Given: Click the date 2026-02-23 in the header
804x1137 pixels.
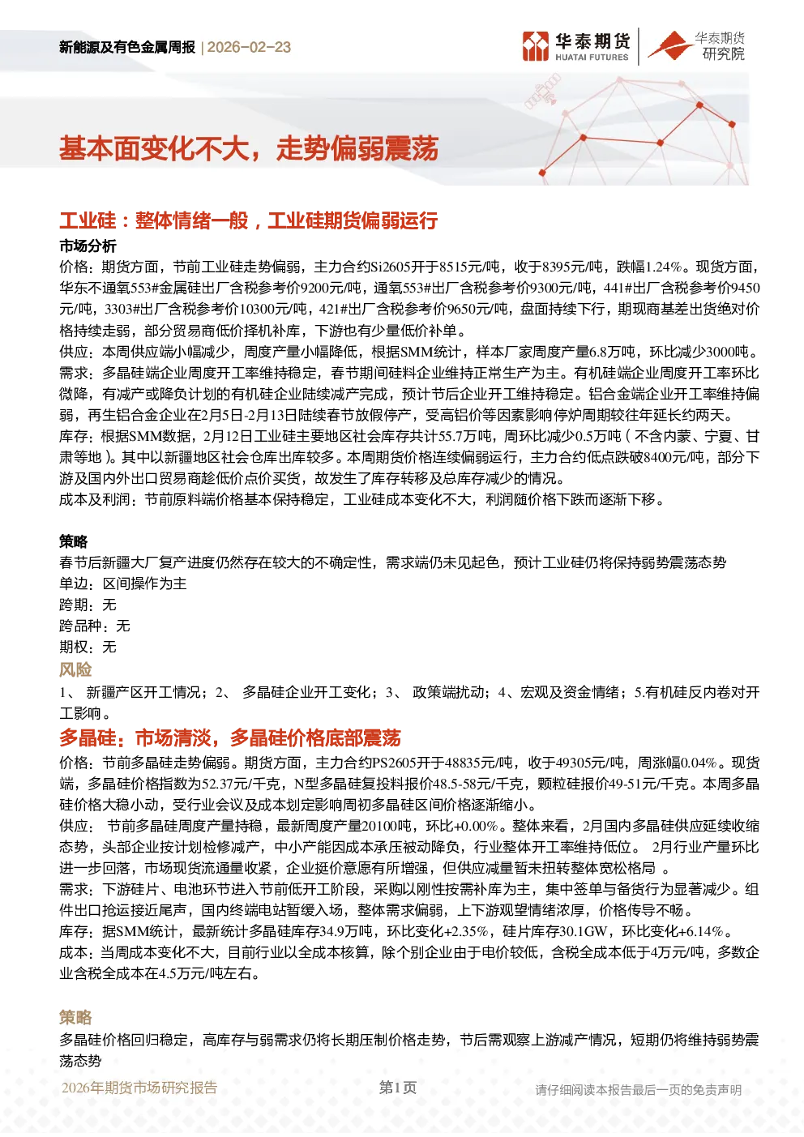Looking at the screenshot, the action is tap(249, 47).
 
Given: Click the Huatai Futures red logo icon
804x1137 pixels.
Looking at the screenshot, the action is tap(536, 46).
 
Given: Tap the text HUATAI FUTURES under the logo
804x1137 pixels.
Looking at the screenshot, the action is tap(592, 58).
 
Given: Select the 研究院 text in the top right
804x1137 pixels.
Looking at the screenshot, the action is tap(723, 53).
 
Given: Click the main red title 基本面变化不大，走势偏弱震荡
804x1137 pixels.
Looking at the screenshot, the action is tap(249, 149).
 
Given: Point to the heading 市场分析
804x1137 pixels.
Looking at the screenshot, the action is tap(88, 246).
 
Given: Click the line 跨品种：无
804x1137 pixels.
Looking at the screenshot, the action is tap(95, 626).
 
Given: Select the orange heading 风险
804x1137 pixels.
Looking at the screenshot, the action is tap(75, 669).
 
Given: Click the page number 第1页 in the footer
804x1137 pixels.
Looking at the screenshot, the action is tap(398, 1088).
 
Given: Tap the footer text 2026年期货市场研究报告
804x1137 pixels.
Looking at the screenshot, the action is tap(139, 1088).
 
